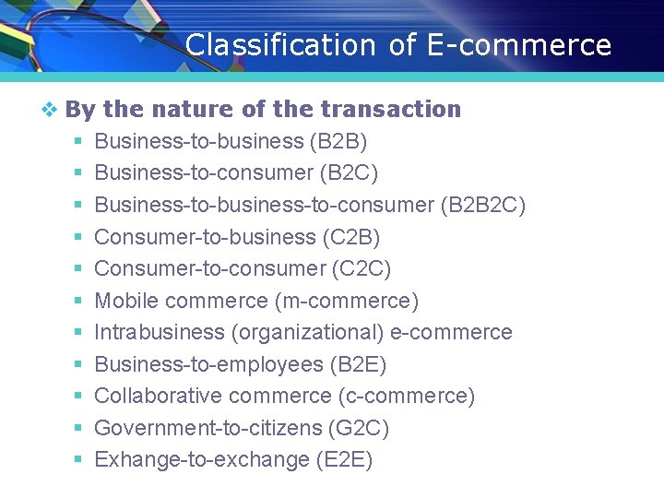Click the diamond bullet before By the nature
(x=50, y=110)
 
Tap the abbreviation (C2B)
(x=351, y=237)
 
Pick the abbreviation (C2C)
(x=362, y=268)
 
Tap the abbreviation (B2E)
(x=358, y=364)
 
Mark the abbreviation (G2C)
(x=359, y=428)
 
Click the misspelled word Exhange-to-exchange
(x=202, y=459)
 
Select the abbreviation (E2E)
(x=344, y=459)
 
